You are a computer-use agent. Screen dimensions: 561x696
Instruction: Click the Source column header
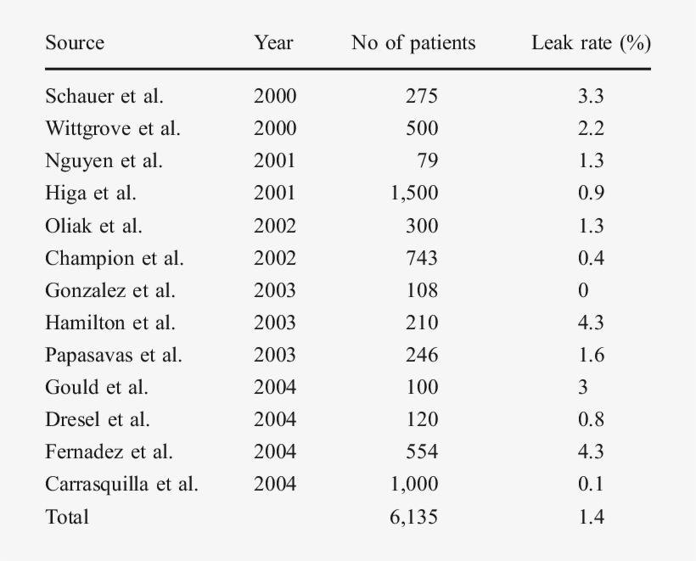75,43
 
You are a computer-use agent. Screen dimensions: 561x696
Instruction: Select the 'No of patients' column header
413,43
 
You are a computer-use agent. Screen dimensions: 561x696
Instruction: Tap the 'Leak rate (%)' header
591,43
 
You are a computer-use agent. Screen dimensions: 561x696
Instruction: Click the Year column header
273,43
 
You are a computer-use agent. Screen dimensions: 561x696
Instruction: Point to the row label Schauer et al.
104,96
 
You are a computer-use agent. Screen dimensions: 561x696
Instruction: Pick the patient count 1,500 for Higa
414,193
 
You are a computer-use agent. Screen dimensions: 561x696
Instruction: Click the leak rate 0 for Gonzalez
583,290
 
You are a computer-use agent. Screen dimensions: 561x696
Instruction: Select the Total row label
67,516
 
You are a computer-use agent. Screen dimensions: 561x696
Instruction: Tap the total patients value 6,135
414,516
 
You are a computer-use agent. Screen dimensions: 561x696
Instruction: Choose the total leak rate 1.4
591,516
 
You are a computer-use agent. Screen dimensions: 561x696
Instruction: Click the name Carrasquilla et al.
121,484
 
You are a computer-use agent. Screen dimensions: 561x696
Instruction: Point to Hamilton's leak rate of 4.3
591,323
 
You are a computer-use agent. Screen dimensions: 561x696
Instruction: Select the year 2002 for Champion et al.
275,258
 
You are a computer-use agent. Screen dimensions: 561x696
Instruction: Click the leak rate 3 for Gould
583,387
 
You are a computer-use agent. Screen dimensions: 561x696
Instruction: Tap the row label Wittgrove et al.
113,128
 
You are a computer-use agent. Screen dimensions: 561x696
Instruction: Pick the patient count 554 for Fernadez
422,452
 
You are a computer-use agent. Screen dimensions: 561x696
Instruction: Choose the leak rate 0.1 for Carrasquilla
591,484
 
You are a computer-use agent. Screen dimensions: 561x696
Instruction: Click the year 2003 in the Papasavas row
275,355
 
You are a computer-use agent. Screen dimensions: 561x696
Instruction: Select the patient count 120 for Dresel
422,419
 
